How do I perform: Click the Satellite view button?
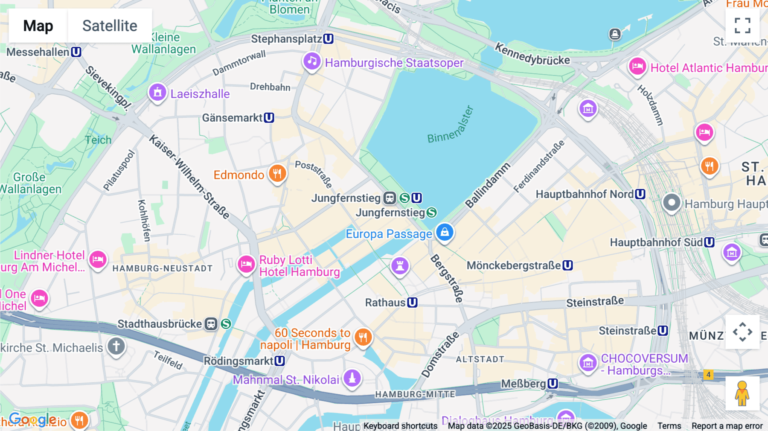pyautogui.click(x=110, y=26)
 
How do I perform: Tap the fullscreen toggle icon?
pyautogui.click(x=742, y=26)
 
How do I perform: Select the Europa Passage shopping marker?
pyautogui.click(x=445, y=233)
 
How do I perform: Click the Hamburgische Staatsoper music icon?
pyautogui.click(x=312, y=61)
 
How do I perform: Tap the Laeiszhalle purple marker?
pyautogui.click(x=157, y=93)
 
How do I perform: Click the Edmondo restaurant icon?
pyautogui.click(x=277, y=174)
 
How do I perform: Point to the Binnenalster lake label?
pyautogui.click(x=451, y=125)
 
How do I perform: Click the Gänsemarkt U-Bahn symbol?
pyautogui.click(x=269, y=118)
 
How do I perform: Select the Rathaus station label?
pyautogui.click(x=385, y=303)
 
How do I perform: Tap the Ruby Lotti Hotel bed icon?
pyautogui.click(x=246, y=265)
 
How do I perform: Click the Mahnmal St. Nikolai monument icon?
pyautogui.click(x=352, y=378)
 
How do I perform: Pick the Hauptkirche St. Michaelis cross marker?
pyautogui.click(x=116, y=346)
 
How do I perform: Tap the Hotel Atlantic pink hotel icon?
pyautogui.click(x=637, y=67)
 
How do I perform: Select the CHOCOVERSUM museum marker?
pyautogui.click(x=588, y=363)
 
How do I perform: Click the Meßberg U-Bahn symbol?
pyautogui.click(x=553, y=384)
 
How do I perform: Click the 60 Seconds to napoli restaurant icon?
pyautogui.click(x=363, y=338)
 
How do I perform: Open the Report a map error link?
pyautogui.click(x=727, y=426)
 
